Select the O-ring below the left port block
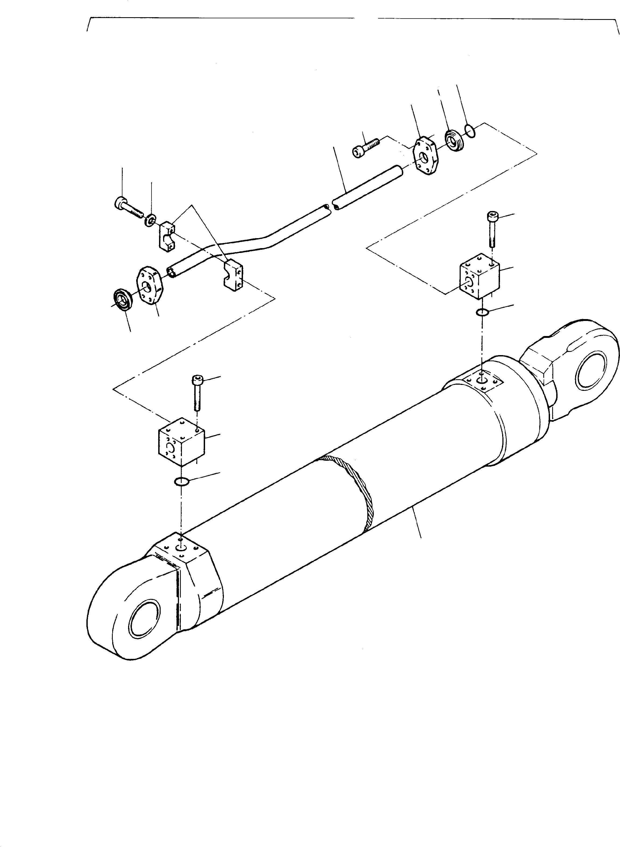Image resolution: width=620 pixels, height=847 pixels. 182,481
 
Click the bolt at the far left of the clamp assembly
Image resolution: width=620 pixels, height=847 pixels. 128,207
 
